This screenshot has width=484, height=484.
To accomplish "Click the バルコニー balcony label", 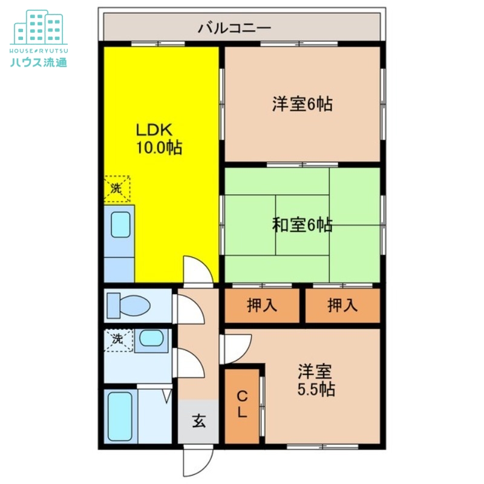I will pyautogui.click(x=234, y=27).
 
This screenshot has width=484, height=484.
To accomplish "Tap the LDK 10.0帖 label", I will pyautogui.click(x=158, y=139).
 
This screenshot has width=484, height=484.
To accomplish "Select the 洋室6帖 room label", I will pyautogui.click(x=302, y=104).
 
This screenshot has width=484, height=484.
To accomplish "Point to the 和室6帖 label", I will pyautogui.click(x=302, y=225).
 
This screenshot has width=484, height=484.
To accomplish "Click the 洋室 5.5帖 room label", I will pyautogui.click(x=316, y=379).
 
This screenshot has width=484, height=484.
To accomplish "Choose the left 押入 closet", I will pyautogui.click(x=263, y=306).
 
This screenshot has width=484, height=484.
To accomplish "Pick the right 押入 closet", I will pyautogui.click(x=342, y=306).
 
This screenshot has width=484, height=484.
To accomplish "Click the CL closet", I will pyautogui.click(x=242, y=405).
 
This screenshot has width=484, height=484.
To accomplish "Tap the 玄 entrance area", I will pyautogui.click(x=198, y=421).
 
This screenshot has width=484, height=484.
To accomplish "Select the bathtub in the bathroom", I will pyautogui.click(x=120, y=417).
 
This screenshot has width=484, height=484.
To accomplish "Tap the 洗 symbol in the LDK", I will pyautogui.click(x=116, y=188).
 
